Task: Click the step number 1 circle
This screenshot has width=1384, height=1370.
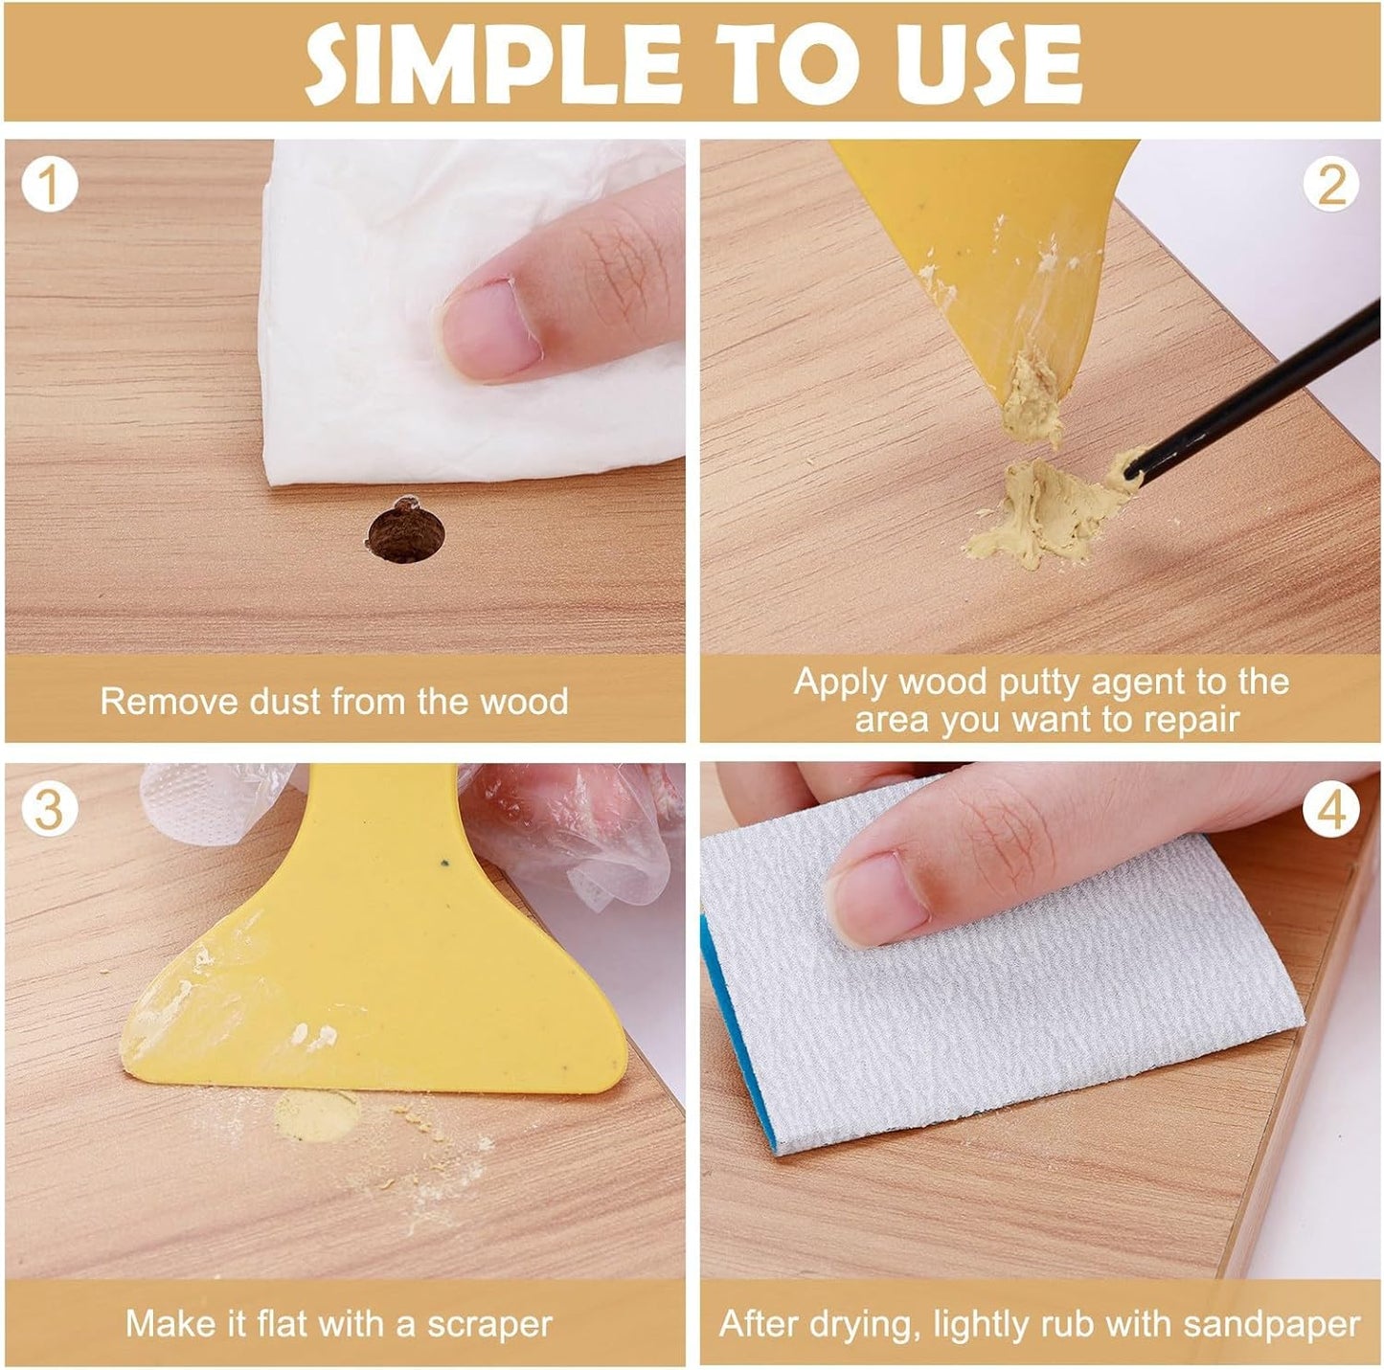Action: tap(49, 185)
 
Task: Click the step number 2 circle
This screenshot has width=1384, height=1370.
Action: tap(1331, 185)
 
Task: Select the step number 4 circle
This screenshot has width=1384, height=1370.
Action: tap(1331, 810)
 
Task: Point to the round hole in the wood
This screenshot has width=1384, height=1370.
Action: tap(405, 532)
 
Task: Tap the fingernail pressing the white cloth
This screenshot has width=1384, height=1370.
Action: tap(491, 329)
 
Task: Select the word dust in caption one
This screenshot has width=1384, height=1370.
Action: tap(285, 701)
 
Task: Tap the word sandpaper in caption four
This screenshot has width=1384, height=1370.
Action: tap(1271, 1324)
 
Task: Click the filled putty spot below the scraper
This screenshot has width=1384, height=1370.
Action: tap(316, 1115)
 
